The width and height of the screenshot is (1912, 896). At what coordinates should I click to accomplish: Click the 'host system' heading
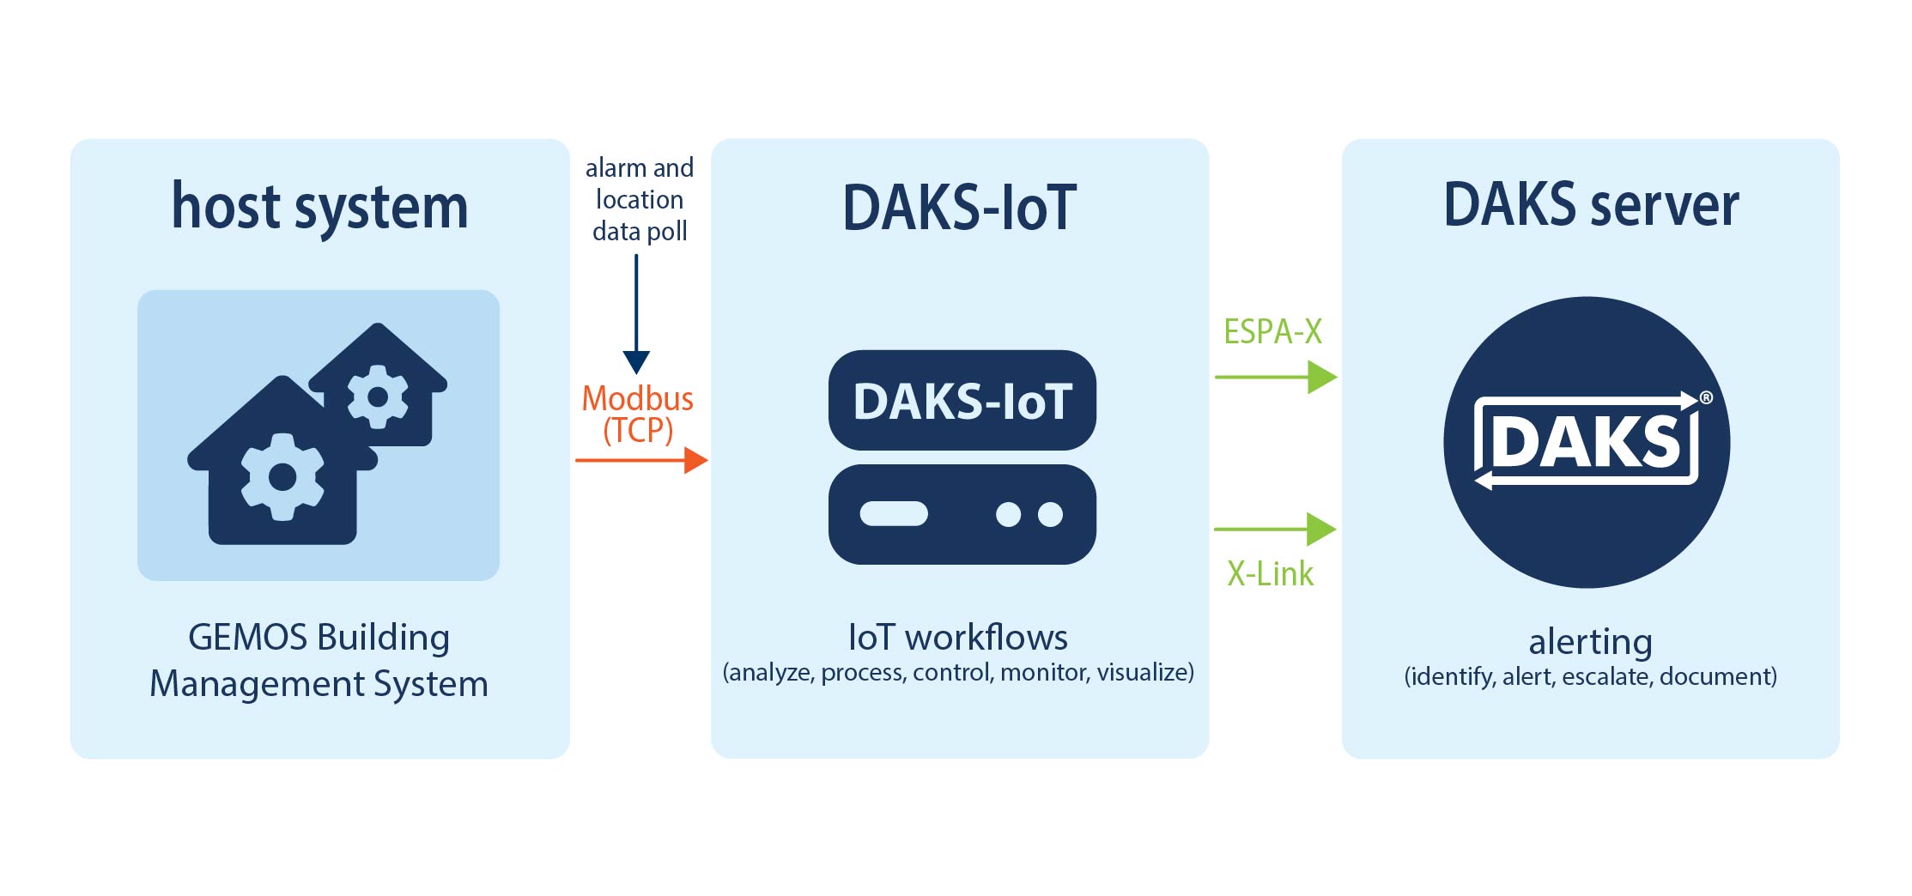coord(319,207)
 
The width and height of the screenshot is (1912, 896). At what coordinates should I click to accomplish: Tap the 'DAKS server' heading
coord(1590,205)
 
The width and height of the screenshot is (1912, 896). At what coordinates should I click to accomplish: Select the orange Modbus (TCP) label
coord(637,414)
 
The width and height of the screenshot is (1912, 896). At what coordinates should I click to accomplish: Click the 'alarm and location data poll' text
coord(640,199)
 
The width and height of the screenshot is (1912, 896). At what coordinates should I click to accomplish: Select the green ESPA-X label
coord(1272,331)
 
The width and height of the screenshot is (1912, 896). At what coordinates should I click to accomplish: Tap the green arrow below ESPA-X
coord(1276,377)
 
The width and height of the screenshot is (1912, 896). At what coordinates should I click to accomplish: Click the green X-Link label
coord(1270,573)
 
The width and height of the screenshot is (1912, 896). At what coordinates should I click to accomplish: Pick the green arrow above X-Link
coord(1275,530)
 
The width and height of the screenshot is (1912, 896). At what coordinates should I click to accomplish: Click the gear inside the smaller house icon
coord(378,397)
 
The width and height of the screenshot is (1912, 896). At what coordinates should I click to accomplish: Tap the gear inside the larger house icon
coord(282,476)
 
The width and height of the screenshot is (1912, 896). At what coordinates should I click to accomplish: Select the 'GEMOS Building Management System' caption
coord(319,660)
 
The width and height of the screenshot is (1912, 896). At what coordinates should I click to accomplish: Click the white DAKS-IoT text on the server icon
coord(962,402)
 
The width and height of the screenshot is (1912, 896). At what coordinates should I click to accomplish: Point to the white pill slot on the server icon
coord(894,513)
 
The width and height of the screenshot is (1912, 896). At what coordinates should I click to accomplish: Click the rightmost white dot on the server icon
coord(1050,514)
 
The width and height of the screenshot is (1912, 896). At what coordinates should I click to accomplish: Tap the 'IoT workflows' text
coord(958,638)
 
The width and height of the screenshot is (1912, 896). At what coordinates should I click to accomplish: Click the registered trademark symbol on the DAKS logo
coord(1706,397)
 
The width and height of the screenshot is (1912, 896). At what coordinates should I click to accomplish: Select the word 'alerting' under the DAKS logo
coord(1590,642)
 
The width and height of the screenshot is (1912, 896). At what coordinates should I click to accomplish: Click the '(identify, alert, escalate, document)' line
coord(1590,677)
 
